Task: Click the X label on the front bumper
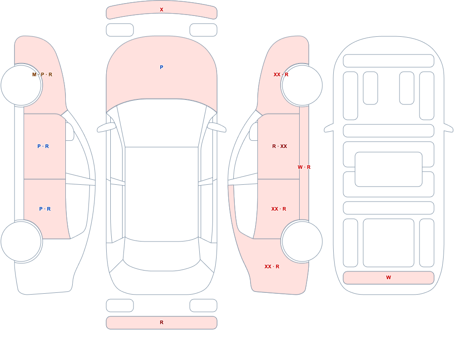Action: tap(162, 10)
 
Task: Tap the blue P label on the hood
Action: tap(162, 67)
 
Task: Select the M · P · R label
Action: tap(42, 74)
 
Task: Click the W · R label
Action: tap(304, 167)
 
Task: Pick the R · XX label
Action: tap(280, 146)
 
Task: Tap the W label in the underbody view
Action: tap(389, 277)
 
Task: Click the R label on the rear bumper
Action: tap(162, 322)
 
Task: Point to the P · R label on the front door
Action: tap(43, 146)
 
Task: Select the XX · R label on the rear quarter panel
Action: tap(272, 266)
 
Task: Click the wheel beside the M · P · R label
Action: tap(21, 85)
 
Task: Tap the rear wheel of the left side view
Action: tap(21, 241)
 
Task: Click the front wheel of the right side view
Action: tap(302, 85)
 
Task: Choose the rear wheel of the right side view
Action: tap(302, 241)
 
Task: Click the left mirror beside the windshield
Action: tap(106, 128)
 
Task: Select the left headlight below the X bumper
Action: tap(120, 30)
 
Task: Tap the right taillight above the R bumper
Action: tap(203, 306)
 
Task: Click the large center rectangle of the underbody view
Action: tap(389, 169)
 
